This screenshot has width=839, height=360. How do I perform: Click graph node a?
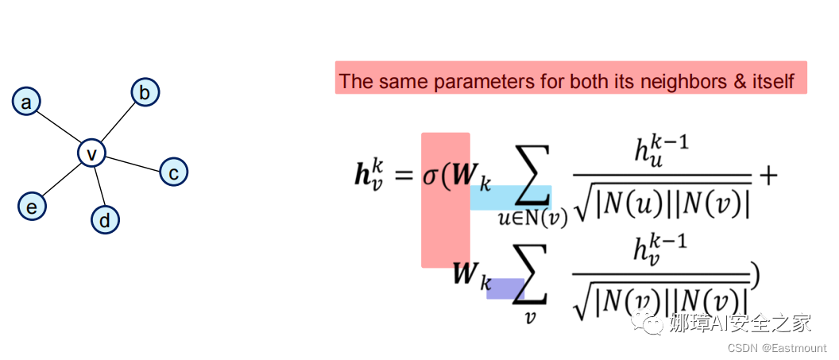click(26, 102)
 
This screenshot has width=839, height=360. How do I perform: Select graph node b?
click(145, 93)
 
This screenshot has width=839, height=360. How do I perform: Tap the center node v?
click(91, 153)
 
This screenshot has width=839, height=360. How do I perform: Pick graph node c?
click(173, 171)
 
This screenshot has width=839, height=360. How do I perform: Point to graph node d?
click(105, 219)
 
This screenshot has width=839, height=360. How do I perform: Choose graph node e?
click(32, 207)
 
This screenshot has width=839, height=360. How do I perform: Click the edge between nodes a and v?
click(59, 127)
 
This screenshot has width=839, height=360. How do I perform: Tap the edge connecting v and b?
click(118, 122)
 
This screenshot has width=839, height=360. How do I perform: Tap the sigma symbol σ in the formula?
click(433, 176)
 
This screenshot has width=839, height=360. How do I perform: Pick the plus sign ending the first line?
click(767, 176)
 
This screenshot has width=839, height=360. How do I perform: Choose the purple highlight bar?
click(505, 288)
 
